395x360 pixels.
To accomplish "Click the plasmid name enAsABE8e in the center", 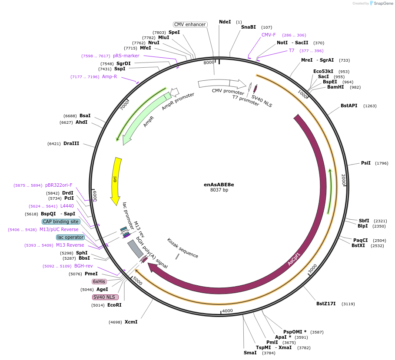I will pos(219,185).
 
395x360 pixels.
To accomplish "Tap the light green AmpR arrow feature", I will pos(143,117).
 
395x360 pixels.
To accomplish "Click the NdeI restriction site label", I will pos(225,22).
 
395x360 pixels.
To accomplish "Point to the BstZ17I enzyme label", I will pos(326,304).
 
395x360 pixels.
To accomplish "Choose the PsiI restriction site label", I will pos(366,163).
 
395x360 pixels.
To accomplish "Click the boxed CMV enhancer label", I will pos(190,24).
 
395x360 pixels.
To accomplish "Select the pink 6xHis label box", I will pos(99,281).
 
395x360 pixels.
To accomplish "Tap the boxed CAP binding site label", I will pos(61,221).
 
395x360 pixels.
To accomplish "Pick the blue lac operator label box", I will pos(70,237).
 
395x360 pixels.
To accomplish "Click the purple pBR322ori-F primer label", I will pos(59,185).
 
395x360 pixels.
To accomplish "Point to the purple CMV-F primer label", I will pos(269,35).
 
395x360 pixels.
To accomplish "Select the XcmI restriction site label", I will pos(131,322).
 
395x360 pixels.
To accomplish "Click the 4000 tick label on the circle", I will pos(228,310).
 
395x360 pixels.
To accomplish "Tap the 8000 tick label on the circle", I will pos(209,63).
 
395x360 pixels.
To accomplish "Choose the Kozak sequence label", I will pos(183,248).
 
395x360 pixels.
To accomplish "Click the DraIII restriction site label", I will pos(71,143).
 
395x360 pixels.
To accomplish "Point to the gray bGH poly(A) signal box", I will pos(135,249).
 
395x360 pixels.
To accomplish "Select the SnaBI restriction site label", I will pos(249,27).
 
